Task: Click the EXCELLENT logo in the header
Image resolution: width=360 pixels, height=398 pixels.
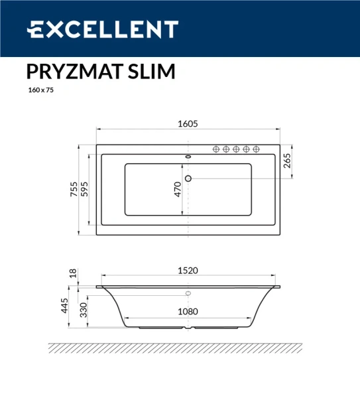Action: (103, 29)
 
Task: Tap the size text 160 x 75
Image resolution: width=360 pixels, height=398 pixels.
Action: (40, 91)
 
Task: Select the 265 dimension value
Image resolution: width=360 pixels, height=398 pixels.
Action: (287, 162)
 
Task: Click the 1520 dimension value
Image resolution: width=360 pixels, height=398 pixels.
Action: (188, 270)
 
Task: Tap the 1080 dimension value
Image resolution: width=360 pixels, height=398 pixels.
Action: (189, 310)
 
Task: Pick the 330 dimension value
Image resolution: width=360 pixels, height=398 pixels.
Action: (84, 310)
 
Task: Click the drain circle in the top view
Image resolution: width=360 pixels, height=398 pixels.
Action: (188, 178)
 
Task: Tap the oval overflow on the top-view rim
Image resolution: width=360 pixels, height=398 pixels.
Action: (188, 157)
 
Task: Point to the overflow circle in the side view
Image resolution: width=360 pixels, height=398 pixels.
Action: (188, 293)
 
